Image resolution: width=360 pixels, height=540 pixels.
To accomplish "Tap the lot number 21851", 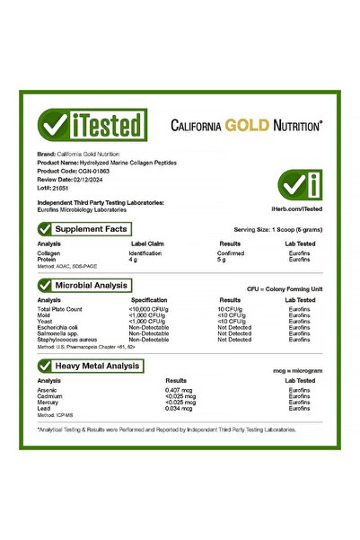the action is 60,186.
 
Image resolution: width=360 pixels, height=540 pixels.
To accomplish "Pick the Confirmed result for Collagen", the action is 232,253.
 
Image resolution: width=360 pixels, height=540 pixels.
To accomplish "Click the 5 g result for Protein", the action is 223,261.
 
